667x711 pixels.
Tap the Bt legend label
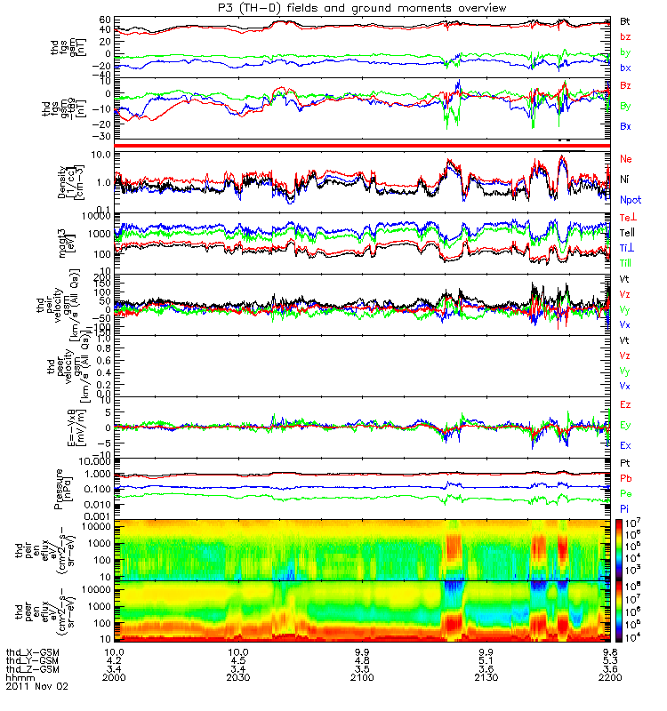tap(625, 20)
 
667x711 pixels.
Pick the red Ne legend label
tap(625, 158)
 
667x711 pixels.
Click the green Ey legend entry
tap(626, 425)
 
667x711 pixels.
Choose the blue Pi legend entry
tap(624, 508)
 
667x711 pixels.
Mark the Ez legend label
tap(625, 405)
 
